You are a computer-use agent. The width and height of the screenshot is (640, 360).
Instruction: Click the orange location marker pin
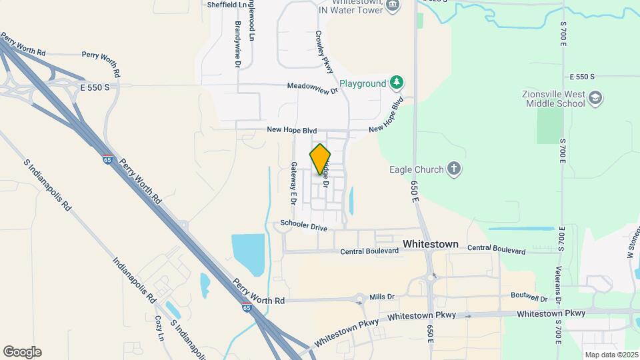pyautogui.click(x=320, y=159)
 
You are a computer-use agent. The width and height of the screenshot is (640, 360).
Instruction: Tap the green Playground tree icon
pyautogui.click(x=397, y=83)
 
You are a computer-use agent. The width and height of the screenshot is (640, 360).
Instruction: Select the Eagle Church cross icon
pyautogui.click(x=453, y=169)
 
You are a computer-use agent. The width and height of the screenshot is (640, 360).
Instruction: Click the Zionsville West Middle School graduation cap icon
pyautogui.click(x=595, y=99)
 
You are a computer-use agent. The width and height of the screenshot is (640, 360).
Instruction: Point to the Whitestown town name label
pyautogui.click(x=431, y=244)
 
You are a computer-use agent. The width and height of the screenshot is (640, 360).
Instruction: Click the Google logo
pyautogui.click(x=22, y=352)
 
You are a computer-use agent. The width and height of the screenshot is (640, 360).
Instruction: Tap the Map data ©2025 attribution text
pyautogui.click(x=610, y=355)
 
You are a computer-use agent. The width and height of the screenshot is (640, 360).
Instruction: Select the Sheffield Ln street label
pyautogui.click(x=227, y=4)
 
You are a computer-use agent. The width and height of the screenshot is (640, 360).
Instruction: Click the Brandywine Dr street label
pyautogui.click(x=237, y=44)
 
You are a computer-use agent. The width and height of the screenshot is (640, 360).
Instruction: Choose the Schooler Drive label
pyautogui.click(x=304, y=226)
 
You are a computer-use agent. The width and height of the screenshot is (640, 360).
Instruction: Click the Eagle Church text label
pyautogui.click(x=417, y=169)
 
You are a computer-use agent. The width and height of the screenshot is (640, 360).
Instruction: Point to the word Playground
pyautogui.click(x=363, y=84)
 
